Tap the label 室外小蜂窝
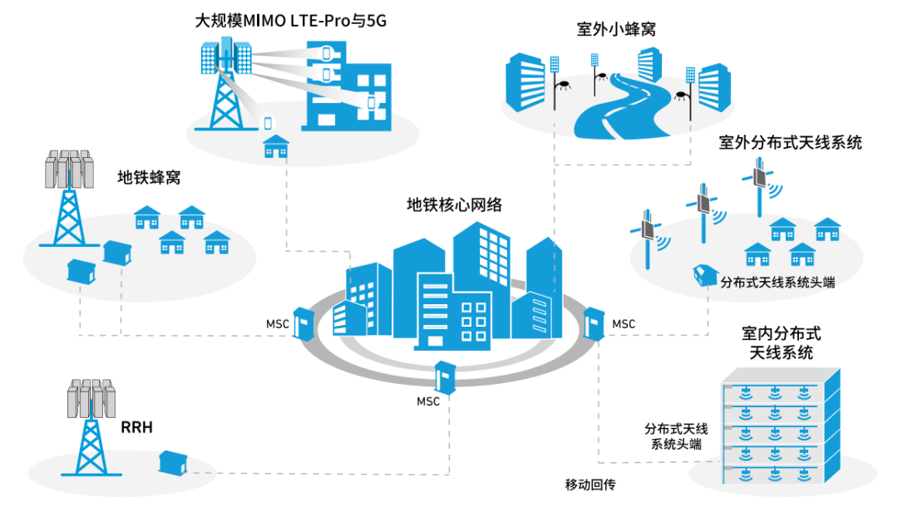point(616,30)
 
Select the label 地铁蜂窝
point(149,177)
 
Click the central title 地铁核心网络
point(454,204)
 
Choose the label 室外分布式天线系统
point(790,142)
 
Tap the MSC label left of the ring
point(278,323)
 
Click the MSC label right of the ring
point(623,323)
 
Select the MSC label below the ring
point(428,401)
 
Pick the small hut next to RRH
point(174,462)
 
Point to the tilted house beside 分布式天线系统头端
point(703,274)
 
